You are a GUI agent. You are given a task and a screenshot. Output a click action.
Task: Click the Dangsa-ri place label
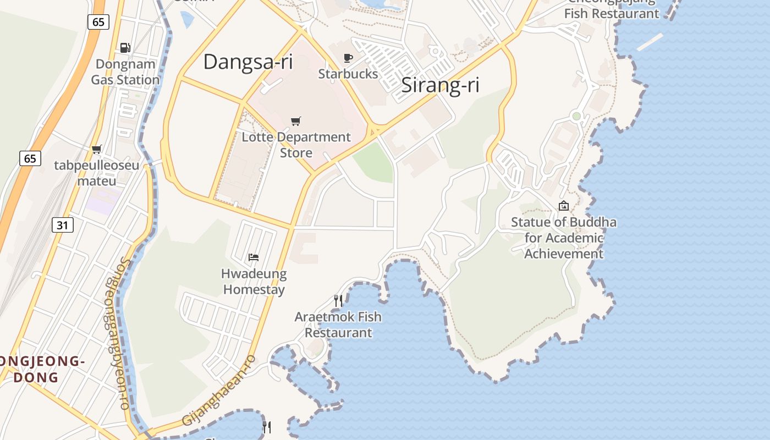[x=248, y=62]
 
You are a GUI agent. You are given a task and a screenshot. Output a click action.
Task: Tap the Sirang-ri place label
[x=440, y=85]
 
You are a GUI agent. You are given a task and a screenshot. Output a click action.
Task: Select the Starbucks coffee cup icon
[x=348, y=58]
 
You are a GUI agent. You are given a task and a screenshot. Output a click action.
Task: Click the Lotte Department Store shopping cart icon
[x=296, y=121]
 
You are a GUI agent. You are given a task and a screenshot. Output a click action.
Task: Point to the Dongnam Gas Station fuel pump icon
[x=125, y=48]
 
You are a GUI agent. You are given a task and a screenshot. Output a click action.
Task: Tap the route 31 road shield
[x=63, y=224]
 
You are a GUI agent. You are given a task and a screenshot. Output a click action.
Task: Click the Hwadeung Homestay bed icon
[x=254, y=257]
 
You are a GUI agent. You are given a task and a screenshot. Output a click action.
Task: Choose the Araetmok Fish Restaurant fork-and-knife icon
[x=338, y=300]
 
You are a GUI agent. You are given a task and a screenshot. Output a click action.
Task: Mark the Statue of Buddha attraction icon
[x=564, y=206]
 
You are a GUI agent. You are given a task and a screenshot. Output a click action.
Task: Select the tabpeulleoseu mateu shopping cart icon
[x=97, y=149]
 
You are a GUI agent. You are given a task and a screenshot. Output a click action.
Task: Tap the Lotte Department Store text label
[x=296, y=145]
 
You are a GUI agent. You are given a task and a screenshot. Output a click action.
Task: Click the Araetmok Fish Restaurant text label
[x=338, y=324]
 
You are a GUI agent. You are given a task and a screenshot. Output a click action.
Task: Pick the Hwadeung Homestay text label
[x=254, y=282]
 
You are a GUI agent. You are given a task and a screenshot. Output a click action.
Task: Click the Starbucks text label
[x=348, y=74]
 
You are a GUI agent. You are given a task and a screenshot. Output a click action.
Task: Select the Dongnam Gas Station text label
[x=125, y=72]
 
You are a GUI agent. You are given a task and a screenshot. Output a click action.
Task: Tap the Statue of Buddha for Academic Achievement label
[x=564, y=238]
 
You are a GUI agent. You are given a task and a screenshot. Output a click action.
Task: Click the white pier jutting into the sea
[x=650, y=42]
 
